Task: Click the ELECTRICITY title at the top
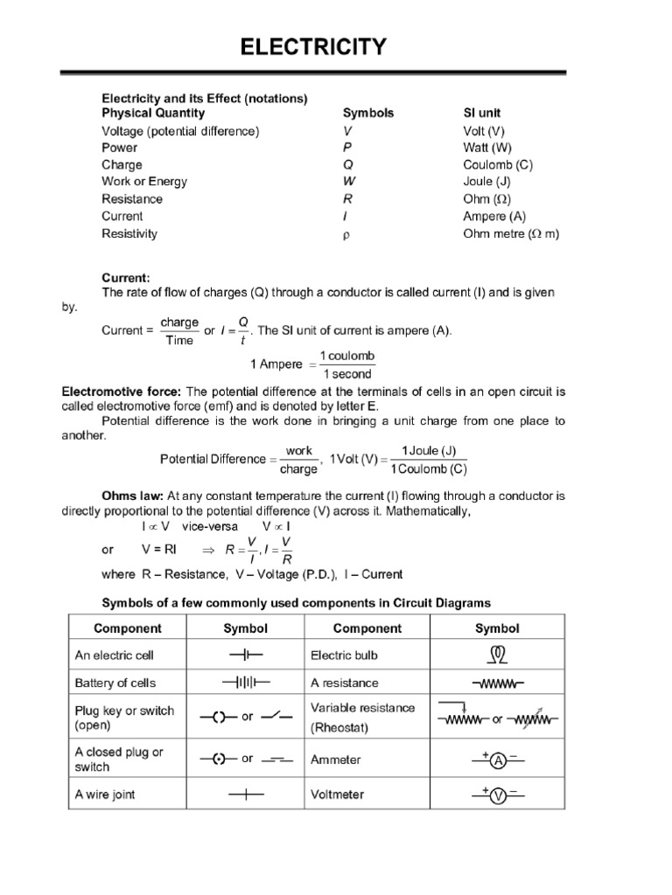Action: point(312,46)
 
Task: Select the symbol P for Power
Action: point(347,148)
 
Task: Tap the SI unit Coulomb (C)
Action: point(498,164)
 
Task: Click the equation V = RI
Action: point(159,550)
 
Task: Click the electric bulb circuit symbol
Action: point(497,654)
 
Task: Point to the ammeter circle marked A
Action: point(497,761)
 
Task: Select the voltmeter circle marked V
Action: point(497,796)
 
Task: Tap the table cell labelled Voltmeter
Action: point(337,794)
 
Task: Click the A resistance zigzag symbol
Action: point(497,683)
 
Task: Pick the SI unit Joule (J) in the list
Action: point(487,182)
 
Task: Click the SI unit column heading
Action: point(481,113)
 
